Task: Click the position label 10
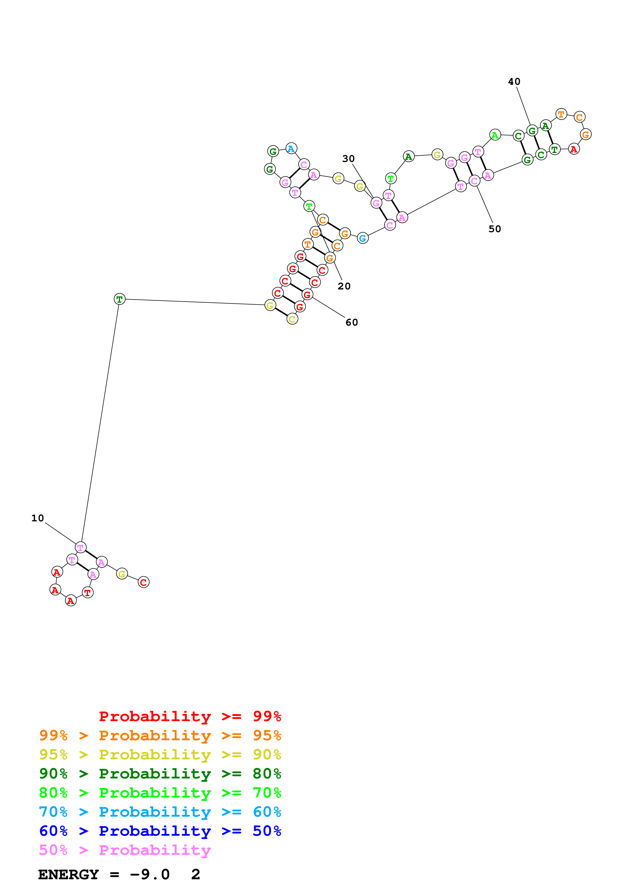pos(38,518)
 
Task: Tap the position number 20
pos(344,286)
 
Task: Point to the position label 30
pos(348,159)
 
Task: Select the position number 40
pos(514,82)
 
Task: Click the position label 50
pos(495,229)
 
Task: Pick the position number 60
pos(352,323)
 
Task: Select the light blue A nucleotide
pos(291,149)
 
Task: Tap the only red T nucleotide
pos(88,593)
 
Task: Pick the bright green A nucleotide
pos(495,135)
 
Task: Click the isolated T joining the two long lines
pos(119,299)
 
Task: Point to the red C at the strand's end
pos(144,582)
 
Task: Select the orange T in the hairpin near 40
pos(561,114)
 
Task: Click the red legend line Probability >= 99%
pos(190,716)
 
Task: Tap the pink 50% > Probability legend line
pos(125,850)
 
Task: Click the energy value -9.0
pos(150,875)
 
